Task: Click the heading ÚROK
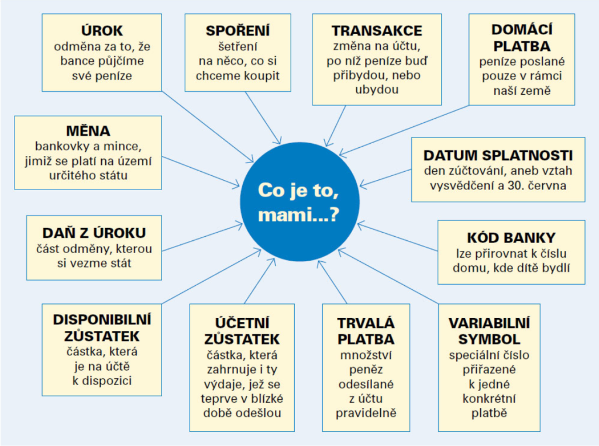click(102, 30)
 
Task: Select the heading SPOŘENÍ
click(237, 30)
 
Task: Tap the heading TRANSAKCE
click(377, 30)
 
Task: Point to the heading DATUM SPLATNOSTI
click(498, 155)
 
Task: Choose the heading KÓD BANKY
click(511, 237)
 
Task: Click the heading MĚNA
click(88, 130)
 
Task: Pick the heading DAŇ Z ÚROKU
click(94, 233)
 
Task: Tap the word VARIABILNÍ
click(489, 323)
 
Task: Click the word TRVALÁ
click(366, 323)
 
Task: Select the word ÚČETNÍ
click(242, 323)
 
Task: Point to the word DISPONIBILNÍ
click(102, 320)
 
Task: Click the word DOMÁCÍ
click(522, 29)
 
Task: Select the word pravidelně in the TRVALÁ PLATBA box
click(366, 413)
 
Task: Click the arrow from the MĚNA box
click(201, 171)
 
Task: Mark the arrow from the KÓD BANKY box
click(397, 237)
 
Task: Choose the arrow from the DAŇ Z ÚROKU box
click(202, 237)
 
